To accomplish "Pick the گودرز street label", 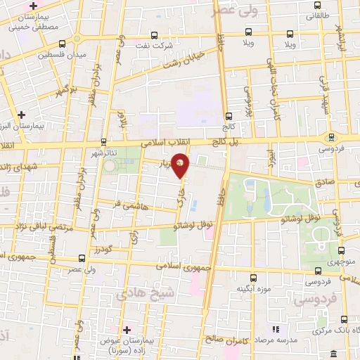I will (102, 250).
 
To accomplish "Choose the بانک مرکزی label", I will (335, 331).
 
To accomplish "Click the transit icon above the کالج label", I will (227, 117).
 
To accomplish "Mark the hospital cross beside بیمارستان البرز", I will (22, 113).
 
